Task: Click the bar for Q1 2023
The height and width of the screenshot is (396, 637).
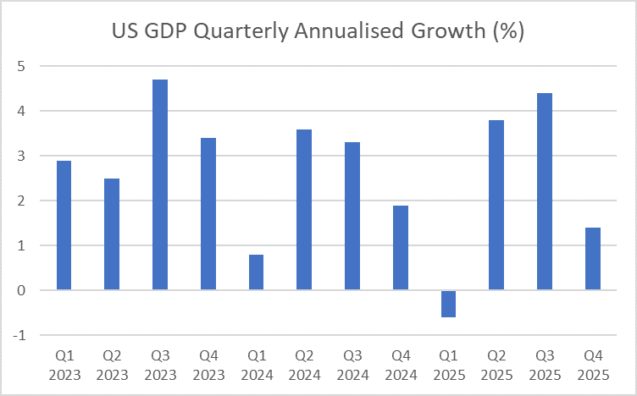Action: [64, 225]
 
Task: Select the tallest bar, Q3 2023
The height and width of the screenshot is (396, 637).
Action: [160, 184]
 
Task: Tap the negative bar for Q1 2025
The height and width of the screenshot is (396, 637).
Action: [448, 304]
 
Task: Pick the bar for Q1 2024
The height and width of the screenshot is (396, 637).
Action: [256, 272]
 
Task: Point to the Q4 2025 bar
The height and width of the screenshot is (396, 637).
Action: [592, 258]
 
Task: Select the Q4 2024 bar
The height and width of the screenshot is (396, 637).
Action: [400, 247]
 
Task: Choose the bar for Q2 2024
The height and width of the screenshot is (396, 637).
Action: [304, 209]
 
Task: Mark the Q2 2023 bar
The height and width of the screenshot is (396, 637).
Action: [112, 234]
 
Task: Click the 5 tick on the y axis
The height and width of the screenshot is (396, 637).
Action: [21, 66]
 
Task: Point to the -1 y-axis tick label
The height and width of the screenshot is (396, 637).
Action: [19, 335]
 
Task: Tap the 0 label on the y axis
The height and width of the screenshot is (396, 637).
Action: [21, 290]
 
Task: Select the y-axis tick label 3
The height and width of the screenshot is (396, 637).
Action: [21, 156]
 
